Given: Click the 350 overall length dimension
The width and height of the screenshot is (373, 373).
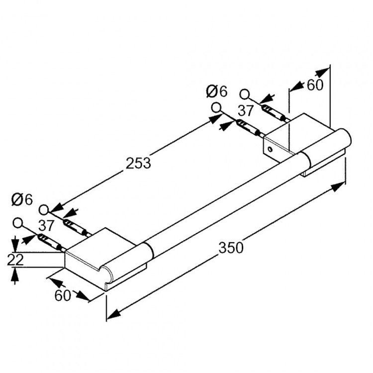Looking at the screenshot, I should [231, 247].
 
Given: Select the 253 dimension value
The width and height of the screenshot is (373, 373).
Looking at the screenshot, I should [138, 163].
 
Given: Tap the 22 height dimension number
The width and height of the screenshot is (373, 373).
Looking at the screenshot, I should [15, 260].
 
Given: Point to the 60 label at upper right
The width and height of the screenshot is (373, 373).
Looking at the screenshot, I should [314, 85].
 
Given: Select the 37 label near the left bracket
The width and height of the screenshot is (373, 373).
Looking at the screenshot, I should [46, 225].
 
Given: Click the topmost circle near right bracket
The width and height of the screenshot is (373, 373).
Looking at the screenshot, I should [244, 93].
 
